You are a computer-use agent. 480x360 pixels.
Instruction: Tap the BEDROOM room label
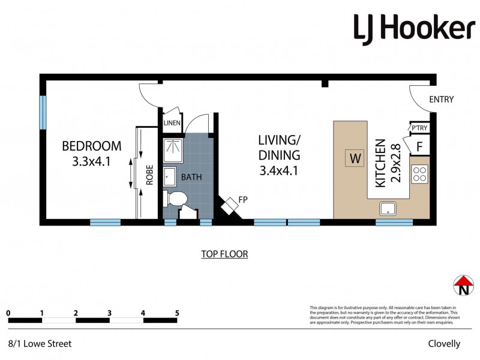92,146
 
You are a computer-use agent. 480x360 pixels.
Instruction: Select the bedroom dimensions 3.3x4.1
92,161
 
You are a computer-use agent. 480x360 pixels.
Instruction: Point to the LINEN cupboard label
172,123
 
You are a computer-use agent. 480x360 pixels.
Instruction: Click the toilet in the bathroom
175,198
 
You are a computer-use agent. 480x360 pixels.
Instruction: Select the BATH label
191,177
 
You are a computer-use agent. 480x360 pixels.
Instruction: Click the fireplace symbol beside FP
229,205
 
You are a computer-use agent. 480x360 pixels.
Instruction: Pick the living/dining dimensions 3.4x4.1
279,170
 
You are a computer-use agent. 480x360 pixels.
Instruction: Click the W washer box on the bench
355,159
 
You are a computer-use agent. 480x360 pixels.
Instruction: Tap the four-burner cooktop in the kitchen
419,174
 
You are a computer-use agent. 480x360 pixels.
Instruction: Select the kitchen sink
388,208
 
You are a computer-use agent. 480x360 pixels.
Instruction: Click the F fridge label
419,146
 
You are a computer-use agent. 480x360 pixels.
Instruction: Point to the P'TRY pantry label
418,127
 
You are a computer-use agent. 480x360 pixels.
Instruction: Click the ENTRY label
442,100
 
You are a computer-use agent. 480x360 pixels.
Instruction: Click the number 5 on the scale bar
177,313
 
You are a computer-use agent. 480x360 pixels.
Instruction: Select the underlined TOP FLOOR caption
224,254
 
